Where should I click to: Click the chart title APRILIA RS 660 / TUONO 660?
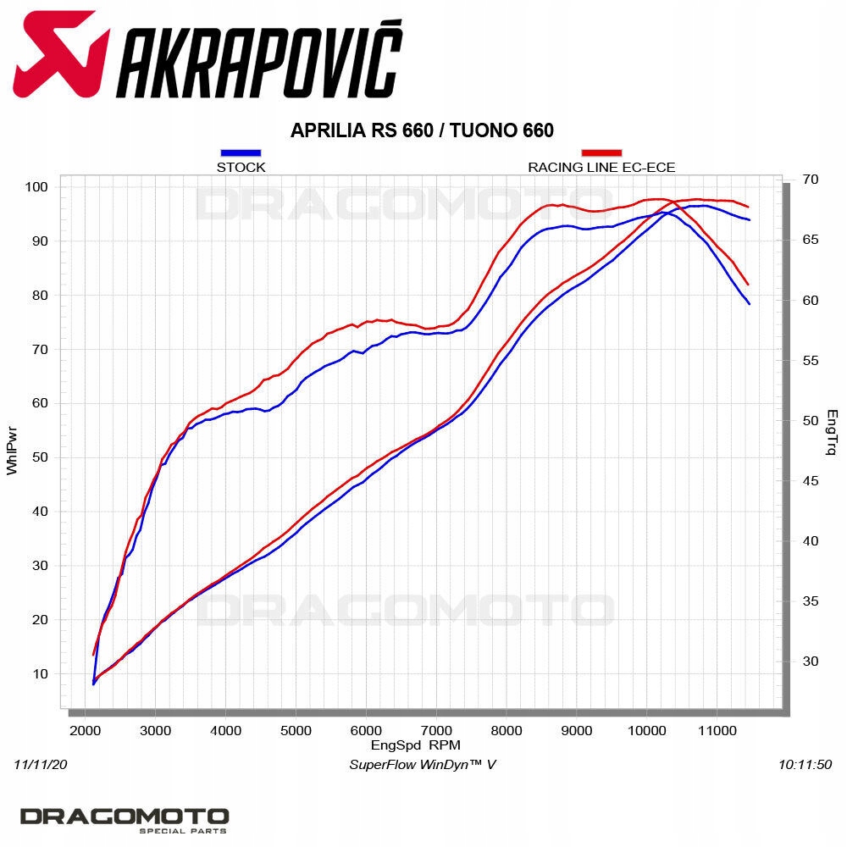point(422,130)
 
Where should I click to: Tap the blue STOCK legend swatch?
point(241,153)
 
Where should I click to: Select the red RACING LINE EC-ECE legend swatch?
point(601,153)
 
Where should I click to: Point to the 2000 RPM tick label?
point(84,730)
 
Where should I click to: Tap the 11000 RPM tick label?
point(717,730)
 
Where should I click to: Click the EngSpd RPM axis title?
point(415,745)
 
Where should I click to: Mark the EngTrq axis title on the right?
point(832,432)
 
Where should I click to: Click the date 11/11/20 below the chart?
point(40,765)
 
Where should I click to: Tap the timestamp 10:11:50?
point(805,765)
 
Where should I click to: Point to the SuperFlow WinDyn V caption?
point(423,765)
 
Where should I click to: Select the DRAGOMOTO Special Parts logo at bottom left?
point(125,820)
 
